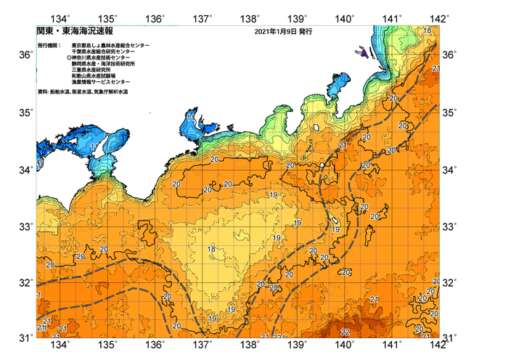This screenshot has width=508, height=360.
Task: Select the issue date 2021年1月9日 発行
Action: pos(283,32)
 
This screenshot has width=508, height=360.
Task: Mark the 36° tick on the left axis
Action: pos(25,55)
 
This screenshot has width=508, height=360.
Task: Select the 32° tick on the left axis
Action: pos(25,282)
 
